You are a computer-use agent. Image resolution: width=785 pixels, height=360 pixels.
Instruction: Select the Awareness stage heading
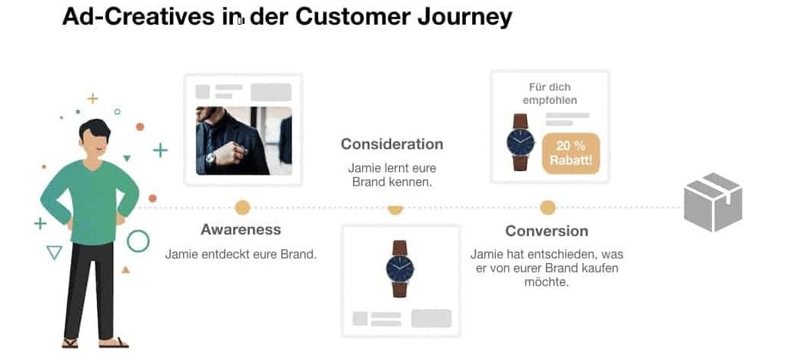coord(241,229)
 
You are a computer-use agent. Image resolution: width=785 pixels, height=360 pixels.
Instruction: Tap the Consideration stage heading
coord(392,144)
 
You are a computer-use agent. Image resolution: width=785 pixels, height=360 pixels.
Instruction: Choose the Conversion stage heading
coord(547,231)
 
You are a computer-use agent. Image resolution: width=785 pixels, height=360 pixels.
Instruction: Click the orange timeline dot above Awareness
coord(242,207)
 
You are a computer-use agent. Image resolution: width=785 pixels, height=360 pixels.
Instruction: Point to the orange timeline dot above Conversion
coord(547,207)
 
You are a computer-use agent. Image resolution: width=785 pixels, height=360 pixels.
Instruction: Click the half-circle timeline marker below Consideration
coord(395,210)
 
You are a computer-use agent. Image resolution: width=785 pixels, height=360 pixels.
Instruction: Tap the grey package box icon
coord(713,202)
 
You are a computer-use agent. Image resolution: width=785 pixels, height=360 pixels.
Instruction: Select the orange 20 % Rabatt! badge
coord(570,153)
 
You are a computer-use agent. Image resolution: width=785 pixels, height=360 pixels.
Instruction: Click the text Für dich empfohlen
coord(550,94)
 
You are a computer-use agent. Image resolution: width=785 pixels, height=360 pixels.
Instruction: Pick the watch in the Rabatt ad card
coord(521,142)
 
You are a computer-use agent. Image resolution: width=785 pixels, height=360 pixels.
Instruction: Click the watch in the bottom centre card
coord(400,269)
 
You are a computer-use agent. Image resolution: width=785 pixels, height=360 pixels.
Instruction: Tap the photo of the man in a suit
coord(244,141)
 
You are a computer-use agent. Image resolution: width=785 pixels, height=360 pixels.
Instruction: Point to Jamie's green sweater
coord(90,200)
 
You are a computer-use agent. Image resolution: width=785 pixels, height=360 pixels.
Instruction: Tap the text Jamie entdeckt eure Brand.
coord(241,254)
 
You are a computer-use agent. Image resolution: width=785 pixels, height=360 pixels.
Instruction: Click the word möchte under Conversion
coord(547,282)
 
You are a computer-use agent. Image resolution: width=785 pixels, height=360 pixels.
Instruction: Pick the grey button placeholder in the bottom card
coord(431,318)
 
